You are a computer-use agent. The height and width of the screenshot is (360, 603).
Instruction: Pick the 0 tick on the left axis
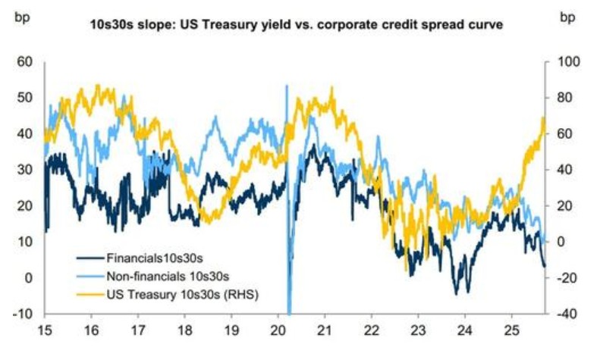29,277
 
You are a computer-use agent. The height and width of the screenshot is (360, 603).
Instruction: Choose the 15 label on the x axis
45,331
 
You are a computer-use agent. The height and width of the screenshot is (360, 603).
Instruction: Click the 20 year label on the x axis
278,331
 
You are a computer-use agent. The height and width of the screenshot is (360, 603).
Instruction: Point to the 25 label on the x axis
511,331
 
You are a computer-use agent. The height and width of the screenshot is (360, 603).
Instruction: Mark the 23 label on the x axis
418,331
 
